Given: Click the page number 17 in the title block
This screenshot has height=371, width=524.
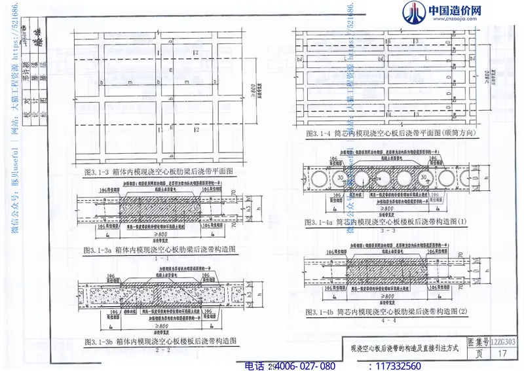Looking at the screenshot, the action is [x=503, y=353].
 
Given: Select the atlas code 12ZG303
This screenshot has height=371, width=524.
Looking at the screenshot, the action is [x=503, y=342].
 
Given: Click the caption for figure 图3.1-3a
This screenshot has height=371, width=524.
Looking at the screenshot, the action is [x=159, y=249].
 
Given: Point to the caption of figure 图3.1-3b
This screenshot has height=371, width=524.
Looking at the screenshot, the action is [x=160, y=341].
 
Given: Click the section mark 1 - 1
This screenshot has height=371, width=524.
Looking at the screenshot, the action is [x=159, y=258].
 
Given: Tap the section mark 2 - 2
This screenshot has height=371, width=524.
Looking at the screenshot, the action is [x=159, y=349].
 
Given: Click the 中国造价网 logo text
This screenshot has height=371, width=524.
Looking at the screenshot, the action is [x=454, y=11].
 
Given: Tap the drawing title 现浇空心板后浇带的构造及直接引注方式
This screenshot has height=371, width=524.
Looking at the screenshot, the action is [x=405, y=347].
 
